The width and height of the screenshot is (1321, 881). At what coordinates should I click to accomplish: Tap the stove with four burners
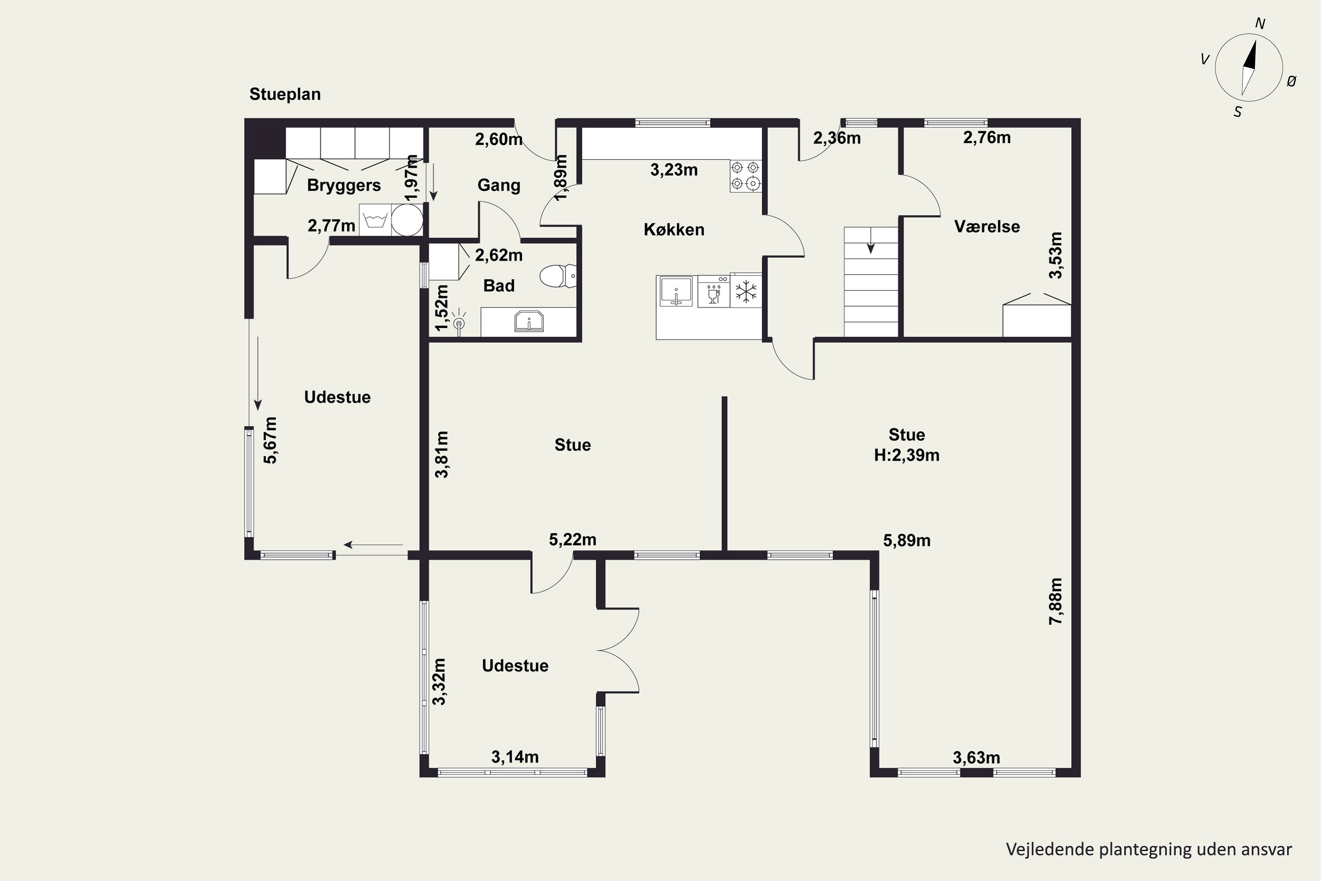[746, 176]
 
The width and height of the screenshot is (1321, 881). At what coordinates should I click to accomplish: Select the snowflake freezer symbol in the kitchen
[746, 292]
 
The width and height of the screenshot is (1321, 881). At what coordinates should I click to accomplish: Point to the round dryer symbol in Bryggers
[406, 220]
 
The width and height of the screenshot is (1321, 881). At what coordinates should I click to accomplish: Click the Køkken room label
[674, 229]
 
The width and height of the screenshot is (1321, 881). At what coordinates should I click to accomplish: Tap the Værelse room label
[987, 226]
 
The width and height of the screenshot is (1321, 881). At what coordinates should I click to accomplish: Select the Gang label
[499, 185]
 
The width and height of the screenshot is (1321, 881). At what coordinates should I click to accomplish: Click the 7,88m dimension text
[1056, 601]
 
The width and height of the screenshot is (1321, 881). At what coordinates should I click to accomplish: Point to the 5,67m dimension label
[271, 440]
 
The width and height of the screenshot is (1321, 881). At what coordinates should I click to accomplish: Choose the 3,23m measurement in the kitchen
[674, 170]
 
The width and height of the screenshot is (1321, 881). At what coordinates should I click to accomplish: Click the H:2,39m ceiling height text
[907, 455]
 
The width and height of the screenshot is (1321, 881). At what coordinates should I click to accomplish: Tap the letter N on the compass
[1260, 24]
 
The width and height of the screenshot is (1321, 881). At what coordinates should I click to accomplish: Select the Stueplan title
[285, 94]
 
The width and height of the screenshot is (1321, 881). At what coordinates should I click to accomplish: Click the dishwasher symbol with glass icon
[714, 292]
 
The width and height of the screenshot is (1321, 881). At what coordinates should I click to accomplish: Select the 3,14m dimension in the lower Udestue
[515, 757]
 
